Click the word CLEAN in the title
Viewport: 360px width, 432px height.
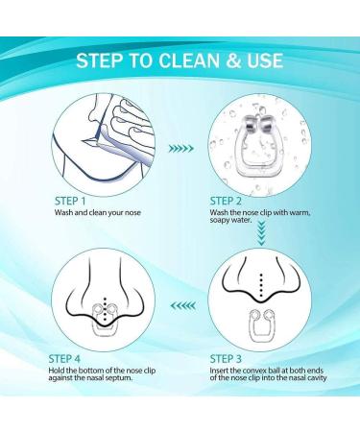tap(189, 60)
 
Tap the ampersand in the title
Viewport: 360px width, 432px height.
tap(233, 60)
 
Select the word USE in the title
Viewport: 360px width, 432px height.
tap(265, 60)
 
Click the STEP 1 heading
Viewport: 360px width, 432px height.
tap(70, 202)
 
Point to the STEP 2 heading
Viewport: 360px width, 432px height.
tap(226, 201)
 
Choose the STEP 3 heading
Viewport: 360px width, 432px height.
tap(226, 359)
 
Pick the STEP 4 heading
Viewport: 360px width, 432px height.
tap(64, 359)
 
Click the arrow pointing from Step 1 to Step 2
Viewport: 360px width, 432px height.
tap(181, 149)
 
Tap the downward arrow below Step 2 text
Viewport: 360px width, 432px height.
tap(261, 234)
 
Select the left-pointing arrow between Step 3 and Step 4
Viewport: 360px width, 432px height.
tap(183, 305)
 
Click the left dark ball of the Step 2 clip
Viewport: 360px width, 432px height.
tap(250, 126)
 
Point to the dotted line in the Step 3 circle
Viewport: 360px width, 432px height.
tap(261, 284)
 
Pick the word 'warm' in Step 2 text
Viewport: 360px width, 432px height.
tap(300, 212)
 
